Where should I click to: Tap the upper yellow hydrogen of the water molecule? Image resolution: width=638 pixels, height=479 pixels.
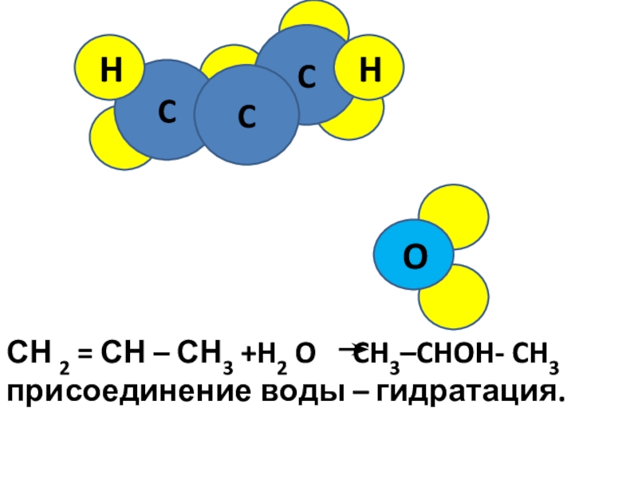pos(455,214)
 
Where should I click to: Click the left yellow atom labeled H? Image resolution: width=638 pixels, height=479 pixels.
pos(109,71)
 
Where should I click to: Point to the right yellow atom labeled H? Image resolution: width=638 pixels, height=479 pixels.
pos(369,71)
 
